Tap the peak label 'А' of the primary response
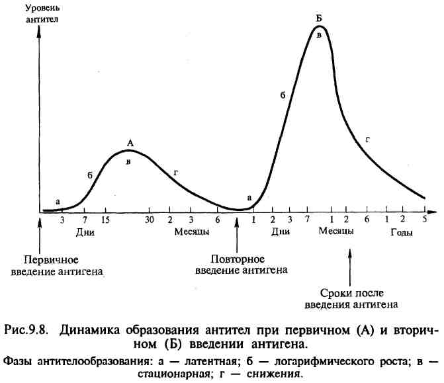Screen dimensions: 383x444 click(x=130, y=143)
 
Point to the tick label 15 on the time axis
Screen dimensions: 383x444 click(x=106, y=220)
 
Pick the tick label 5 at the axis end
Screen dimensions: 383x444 click(x=424, y=219)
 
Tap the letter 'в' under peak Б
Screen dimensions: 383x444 click(x=319, y=35)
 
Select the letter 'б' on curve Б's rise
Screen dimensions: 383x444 click(x=282, y=95)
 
